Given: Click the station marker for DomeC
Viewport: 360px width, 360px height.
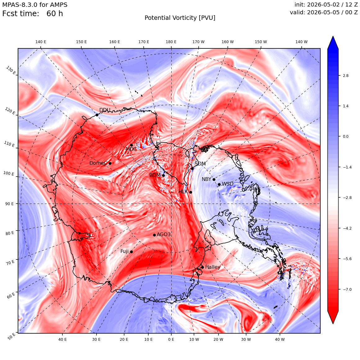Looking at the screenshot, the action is (x=110, y=164).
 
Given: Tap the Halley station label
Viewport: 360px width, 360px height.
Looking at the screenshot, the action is (x=213, y=267).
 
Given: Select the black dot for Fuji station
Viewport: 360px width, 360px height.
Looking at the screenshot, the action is (x=131, y=252).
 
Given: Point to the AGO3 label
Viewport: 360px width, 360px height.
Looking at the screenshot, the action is (x=164, y=234).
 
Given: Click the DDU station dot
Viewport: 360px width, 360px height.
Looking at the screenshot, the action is (x=97, y=115).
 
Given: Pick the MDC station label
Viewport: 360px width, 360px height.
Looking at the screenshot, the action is (x=131, y=149).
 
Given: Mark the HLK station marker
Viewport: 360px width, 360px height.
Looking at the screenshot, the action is (x=191, y=192).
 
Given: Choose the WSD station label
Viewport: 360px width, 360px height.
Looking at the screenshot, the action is (x=227, y=184).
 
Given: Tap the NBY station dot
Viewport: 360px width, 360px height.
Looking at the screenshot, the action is (x=214, y=180).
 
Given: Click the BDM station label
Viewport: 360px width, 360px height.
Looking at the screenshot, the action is (x=155, y=175).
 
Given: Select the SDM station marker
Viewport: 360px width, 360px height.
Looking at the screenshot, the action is (x=192, y=169).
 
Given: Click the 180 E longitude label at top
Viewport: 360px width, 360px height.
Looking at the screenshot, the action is (x=171, y=42).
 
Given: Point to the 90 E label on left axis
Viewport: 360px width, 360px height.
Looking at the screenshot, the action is (x=9, y=204).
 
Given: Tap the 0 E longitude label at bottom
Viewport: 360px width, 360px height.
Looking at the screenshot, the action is (x=171, y=339).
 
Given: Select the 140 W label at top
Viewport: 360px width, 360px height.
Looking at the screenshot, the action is (x=301, y=42).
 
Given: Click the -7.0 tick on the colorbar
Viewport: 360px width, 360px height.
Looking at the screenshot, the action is (x=347, y=289).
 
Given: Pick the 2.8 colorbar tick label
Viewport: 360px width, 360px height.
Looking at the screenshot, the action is (x=345, y=75).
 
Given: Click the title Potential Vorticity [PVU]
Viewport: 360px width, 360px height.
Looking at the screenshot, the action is (x=180, y=18).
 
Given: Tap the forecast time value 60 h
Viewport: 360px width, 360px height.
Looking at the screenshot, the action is (x=55, y=14).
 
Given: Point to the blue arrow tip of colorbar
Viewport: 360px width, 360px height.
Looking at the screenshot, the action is (x=333, y=36).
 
